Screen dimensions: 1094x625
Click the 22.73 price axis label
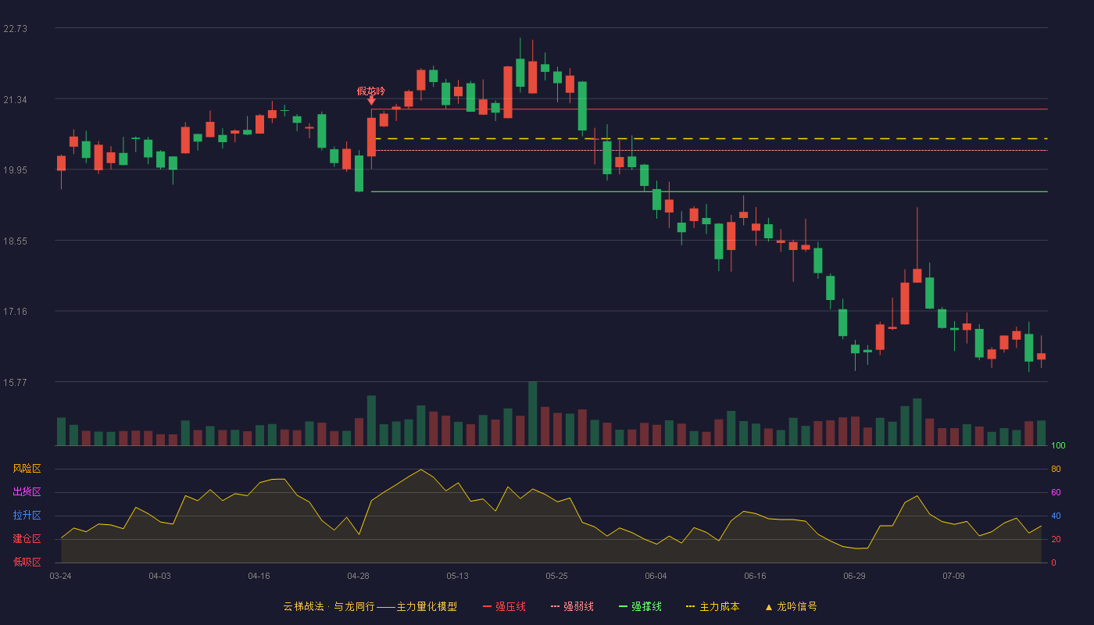click(x=15, y=28)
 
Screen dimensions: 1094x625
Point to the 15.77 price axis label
click(x=15, y=382)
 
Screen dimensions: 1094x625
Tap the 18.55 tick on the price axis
click(x=15, y=241)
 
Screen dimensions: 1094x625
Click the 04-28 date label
click(x=358, y=576)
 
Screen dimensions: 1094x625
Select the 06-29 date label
click(x=854, y=576)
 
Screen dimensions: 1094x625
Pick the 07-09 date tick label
click(x=953, y=576)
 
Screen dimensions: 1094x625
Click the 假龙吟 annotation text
click(x=370, y=91)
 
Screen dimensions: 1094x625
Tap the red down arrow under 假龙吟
click(x=371, y=101)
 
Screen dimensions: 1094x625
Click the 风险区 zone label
click(x=27, y=468)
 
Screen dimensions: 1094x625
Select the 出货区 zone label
click(x=27, y=491)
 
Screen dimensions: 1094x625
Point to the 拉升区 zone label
click(x=27, y=515)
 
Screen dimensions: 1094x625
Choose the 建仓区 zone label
click(x=27, y=538)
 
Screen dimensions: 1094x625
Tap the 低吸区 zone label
click(x=27, y=562)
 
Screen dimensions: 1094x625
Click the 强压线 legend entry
click(x=504, y=606)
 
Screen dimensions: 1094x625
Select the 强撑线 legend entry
click(x=640, y=606)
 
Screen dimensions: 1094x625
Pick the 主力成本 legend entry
click(x=713, y=606)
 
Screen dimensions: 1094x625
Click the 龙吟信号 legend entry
click(x=791, y=606)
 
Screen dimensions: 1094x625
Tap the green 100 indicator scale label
click(x=1058, y=445)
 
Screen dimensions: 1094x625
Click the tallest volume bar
click(x=532, y=413)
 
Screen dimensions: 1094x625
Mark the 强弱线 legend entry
click(x=572, y=606)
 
